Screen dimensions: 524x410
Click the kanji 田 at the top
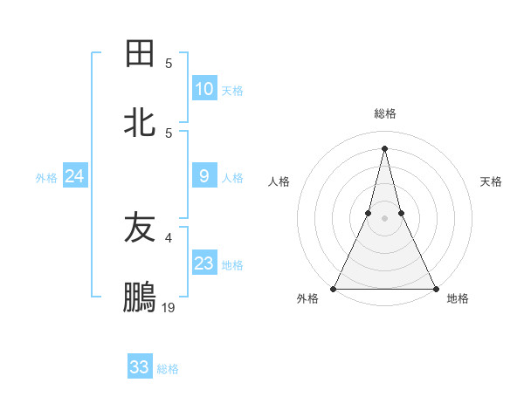coord(140,54)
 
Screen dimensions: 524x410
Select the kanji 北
coord(140,123)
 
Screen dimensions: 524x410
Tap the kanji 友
coord(140,228)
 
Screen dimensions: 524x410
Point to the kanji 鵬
coord(140,297)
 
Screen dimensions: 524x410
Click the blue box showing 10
coord(204,89)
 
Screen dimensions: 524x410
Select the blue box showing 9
coord(204,176)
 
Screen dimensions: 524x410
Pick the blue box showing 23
coord(204,263)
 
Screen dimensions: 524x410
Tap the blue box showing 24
coord(74,176)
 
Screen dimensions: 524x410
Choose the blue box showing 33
coord(140,367)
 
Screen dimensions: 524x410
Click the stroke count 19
coord(169,307)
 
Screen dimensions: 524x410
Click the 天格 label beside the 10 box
coord(232,91)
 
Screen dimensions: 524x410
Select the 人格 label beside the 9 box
coord(232,178)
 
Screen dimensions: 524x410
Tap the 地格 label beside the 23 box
coord(232,265)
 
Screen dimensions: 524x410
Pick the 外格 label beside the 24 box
coord(46,178)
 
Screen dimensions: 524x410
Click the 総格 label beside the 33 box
coord(168,369)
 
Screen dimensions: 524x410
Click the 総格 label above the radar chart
coord(384,113)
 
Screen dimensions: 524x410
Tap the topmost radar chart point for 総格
coord(384,147)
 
